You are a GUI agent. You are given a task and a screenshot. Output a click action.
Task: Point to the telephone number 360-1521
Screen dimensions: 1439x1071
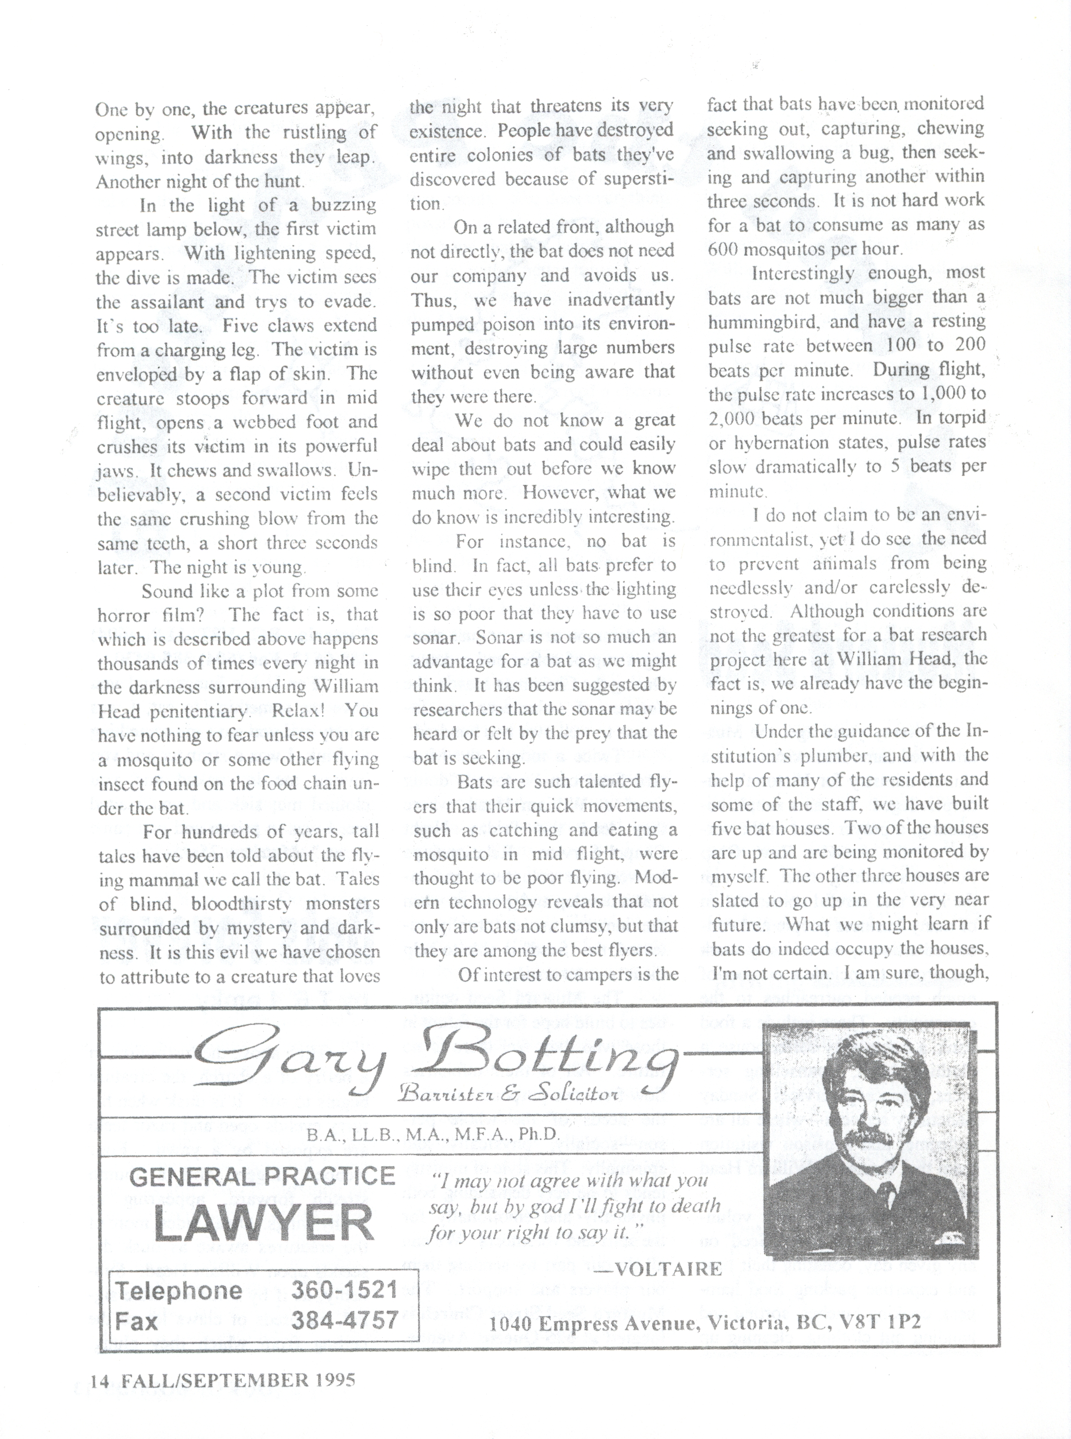coord(344,1289)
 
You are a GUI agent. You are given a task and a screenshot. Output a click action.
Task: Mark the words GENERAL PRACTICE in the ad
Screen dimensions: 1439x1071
coord(263,1176)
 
